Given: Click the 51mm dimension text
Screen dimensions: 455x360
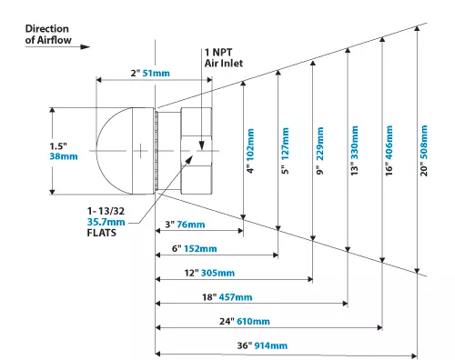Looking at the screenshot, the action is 156,73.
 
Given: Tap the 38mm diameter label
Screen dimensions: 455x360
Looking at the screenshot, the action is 64,156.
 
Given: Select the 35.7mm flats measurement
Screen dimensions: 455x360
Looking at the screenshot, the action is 106,222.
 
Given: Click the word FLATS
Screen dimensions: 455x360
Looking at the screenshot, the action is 101,233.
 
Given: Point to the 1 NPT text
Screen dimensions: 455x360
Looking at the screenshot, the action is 218,53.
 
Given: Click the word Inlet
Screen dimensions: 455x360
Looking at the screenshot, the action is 232,63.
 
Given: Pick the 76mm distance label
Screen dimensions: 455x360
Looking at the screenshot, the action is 191,225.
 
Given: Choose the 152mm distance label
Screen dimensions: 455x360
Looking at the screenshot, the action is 200,249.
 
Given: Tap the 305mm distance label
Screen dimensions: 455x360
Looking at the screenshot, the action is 217,273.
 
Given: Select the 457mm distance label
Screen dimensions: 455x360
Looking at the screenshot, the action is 236,297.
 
